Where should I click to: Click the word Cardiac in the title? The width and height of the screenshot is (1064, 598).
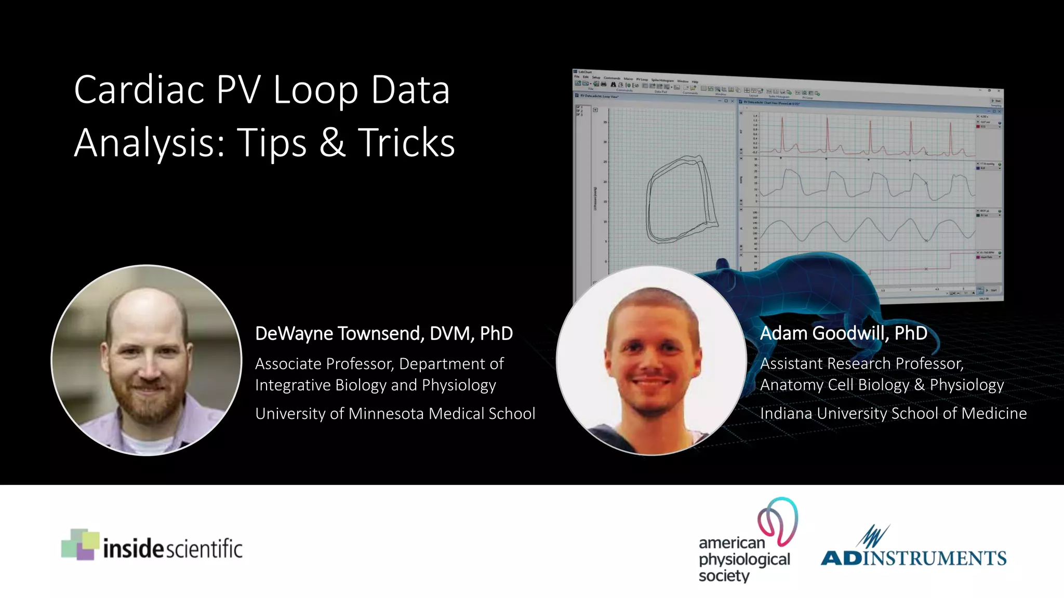(x=139, y=90)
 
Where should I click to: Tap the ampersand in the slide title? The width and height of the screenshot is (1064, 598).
(x=332, y=143)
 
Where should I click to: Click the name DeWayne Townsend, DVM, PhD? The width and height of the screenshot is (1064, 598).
(x=383, y=333)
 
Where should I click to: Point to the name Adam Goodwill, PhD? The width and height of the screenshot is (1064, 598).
(x=843, y=333)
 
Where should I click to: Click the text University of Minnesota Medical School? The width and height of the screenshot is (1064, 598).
(x=395, y=414)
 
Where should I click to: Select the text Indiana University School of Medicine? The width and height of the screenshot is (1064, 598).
(x=893, y=414)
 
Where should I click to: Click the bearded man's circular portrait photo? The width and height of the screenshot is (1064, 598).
(x=147, y=360)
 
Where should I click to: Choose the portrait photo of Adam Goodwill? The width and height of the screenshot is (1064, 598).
(x=651, y=360)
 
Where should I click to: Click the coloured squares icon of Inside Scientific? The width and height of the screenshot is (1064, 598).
(x=79, y=545)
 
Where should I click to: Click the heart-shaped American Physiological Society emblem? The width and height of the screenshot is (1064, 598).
(x=778, y=521)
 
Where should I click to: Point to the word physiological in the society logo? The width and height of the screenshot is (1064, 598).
(x=744, y=560)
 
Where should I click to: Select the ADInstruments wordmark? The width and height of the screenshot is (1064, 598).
(x=913, y=558)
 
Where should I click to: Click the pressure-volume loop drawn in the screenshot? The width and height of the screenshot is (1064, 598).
(x=681, y=200)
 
